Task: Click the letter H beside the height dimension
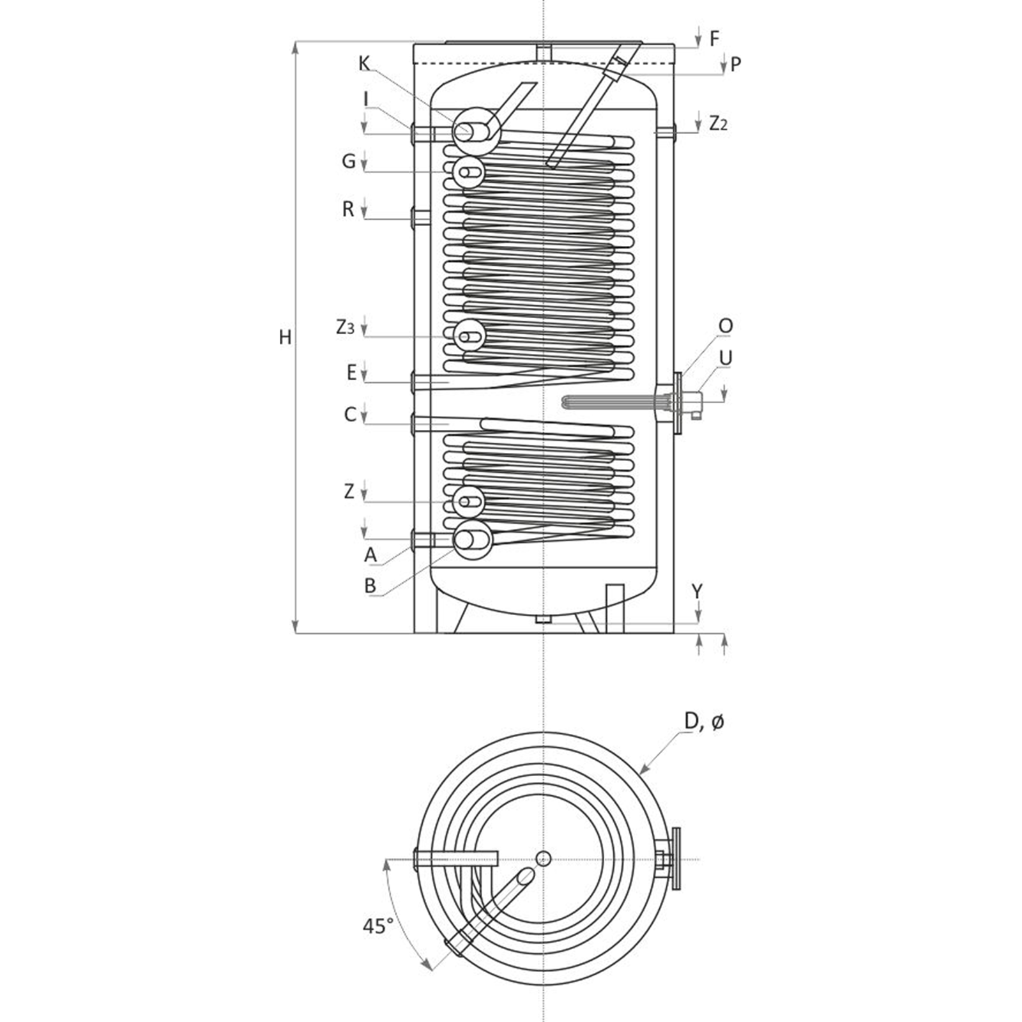285,337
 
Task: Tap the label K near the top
364,64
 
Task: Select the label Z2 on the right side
718,123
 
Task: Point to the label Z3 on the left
345,328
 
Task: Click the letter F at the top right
714,39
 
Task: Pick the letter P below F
735,65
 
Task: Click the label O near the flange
725,326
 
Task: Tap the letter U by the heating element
725,358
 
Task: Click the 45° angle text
378,926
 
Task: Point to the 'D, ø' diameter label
704,722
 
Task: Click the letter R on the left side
348,210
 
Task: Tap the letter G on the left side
348,161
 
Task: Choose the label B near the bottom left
370,586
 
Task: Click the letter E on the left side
351,373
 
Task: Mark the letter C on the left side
349,415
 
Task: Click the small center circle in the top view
544,858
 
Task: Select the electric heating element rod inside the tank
613,402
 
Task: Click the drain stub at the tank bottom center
543,619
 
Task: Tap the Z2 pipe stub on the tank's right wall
666,132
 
